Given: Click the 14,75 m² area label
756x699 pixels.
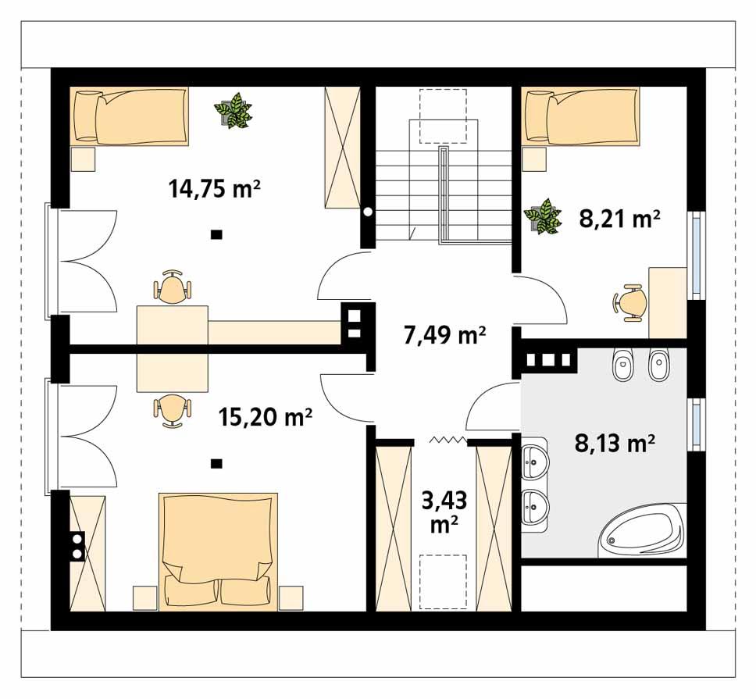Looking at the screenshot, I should coord(214,188).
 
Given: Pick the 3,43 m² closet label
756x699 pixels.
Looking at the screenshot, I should coord(444,512).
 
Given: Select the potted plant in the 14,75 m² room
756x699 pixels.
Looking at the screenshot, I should coord(234,111).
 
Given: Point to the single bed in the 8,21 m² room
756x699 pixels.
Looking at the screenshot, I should coord(581,116).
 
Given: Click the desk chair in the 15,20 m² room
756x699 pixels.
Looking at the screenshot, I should coord(173,409).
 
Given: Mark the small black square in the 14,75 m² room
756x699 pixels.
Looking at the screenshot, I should coord(216,234).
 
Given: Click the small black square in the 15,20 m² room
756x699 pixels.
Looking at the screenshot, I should coord(216,464).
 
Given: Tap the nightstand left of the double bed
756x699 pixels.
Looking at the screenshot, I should coord(144,597).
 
